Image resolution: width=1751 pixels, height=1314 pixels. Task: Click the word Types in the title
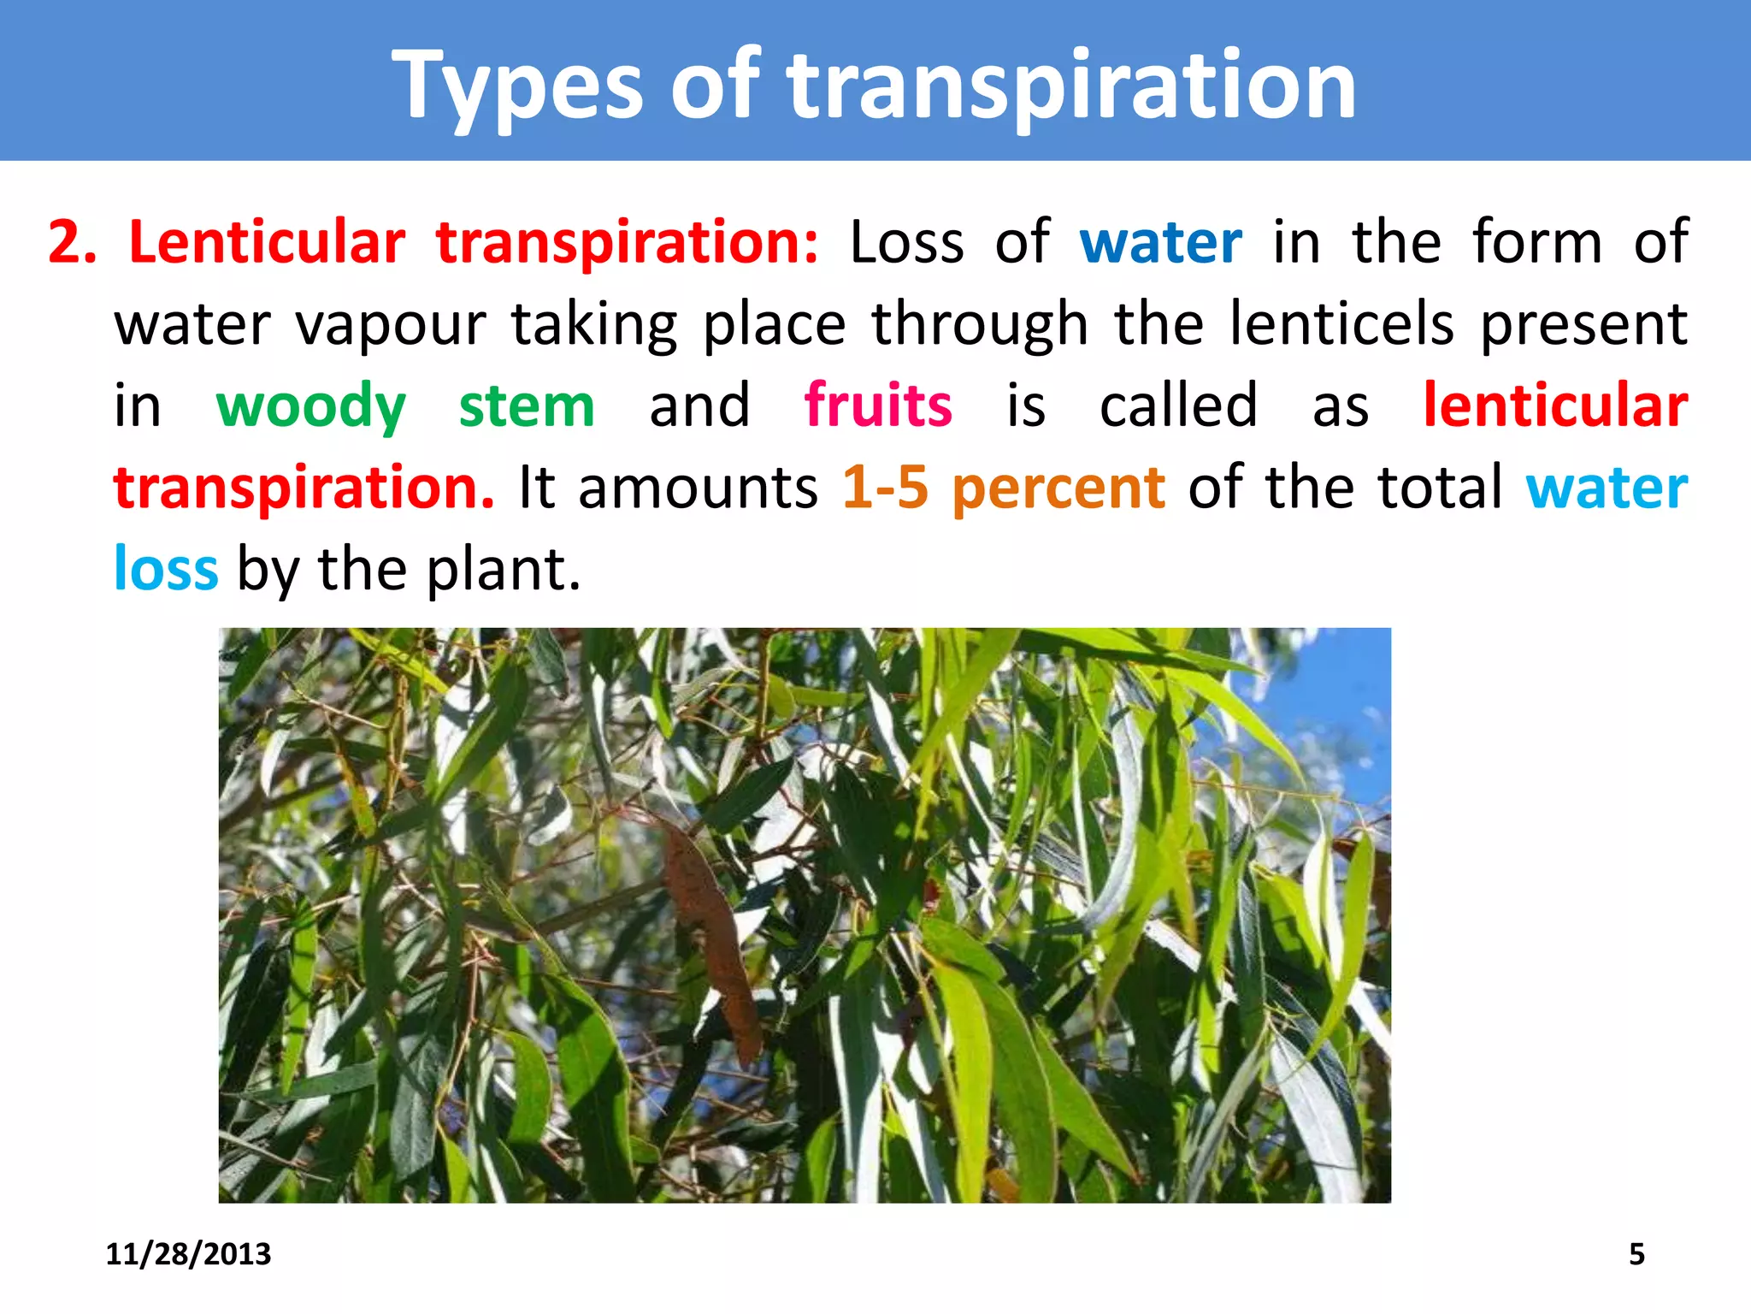coord(516,86)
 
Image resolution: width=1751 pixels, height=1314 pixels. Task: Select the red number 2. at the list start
coord(72,242)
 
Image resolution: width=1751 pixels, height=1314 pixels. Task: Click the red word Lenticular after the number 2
coord(266,242)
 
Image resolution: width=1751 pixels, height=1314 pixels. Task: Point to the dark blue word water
coord(1160,242)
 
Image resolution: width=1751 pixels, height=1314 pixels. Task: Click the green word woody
coord(310,406)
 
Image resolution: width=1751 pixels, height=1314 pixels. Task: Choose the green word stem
coord(527,406)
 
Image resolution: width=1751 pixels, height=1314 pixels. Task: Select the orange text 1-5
coord(885,487)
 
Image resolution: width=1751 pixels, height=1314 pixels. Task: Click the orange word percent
coord(1058,488)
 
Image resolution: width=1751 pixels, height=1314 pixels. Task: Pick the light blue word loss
coord(166,569)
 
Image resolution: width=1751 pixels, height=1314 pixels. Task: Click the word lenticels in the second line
coord(1341,324)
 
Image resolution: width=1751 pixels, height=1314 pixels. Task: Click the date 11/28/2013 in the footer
coord(188,1254)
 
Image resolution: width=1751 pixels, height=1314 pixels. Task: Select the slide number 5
coord(1636,1254)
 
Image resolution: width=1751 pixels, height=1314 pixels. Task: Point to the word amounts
coord(698,488)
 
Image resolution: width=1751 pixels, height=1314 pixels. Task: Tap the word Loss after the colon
coord(906,242)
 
